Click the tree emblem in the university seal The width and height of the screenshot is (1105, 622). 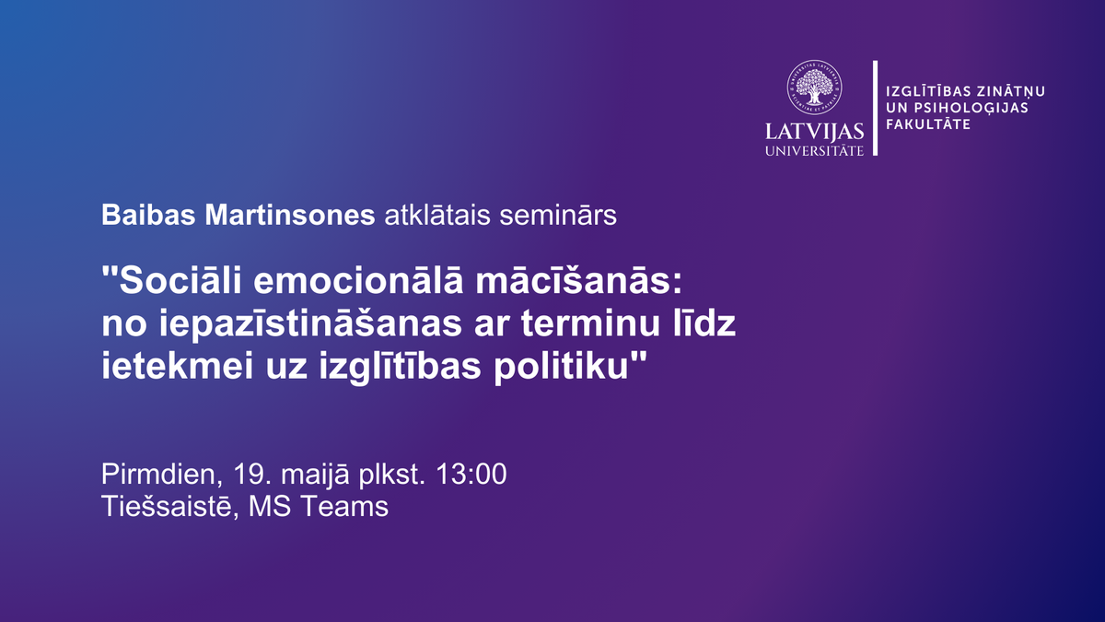[814, 88]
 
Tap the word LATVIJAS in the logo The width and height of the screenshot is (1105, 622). [814, 132]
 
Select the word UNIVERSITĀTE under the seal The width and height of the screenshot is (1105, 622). [814, 150]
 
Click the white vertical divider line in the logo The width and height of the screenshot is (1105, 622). [875, 108]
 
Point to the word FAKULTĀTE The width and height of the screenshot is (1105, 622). [928, 123]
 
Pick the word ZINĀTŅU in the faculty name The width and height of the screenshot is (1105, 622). [1011, 91]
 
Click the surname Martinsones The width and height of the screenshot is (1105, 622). [290, 215]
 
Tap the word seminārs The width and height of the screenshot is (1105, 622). [558, 216]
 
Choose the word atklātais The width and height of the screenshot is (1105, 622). [437, 215]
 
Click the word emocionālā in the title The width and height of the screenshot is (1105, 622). [358, 281]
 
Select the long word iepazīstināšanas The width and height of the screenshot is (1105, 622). [310, 324]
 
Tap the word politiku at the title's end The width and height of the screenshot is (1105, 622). [562, 368]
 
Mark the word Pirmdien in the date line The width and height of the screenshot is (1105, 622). [158, 475]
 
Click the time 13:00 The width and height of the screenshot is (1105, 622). [471, 474]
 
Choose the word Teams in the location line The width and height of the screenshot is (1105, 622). [344, 507]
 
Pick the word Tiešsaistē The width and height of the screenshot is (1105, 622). [167, 507]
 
